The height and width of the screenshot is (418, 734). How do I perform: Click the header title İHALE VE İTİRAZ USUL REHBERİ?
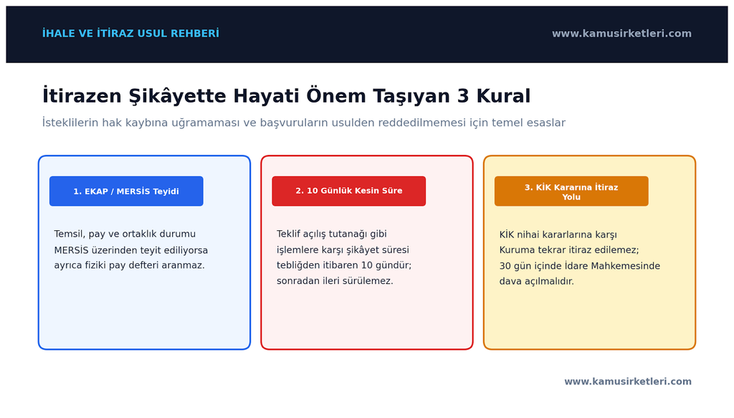pyautogui.click(x=130, y=33)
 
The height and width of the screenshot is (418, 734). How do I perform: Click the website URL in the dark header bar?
pyautogui.click(x=621, y=33)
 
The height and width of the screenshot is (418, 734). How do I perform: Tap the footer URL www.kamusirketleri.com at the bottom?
pyautogui.click(x=628, y=381)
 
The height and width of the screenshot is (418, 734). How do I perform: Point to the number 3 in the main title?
pyautogui.click(x=463, y=96)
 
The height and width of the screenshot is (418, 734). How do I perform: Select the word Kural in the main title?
pyautogui.click(x=504, y=96)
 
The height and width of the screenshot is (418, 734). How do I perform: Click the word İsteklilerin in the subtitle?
pyautogui.click(x=70, y=122)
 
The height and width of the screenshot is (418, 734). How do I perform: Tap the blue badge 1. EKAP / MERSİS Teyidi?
pyautogui.click(x=126, y=191)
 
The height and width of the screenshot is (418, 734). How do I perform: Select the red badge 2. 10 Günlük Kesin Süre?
pyautogui.click(x=349, y=191)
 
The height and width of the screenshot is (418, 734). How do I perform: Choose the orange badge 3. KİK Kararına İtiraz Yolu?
pyautogui.click(x=571, y=191)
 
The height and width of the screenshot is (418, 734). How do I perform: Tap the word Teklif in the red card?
pyautogui.click(x=288, y=234)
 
